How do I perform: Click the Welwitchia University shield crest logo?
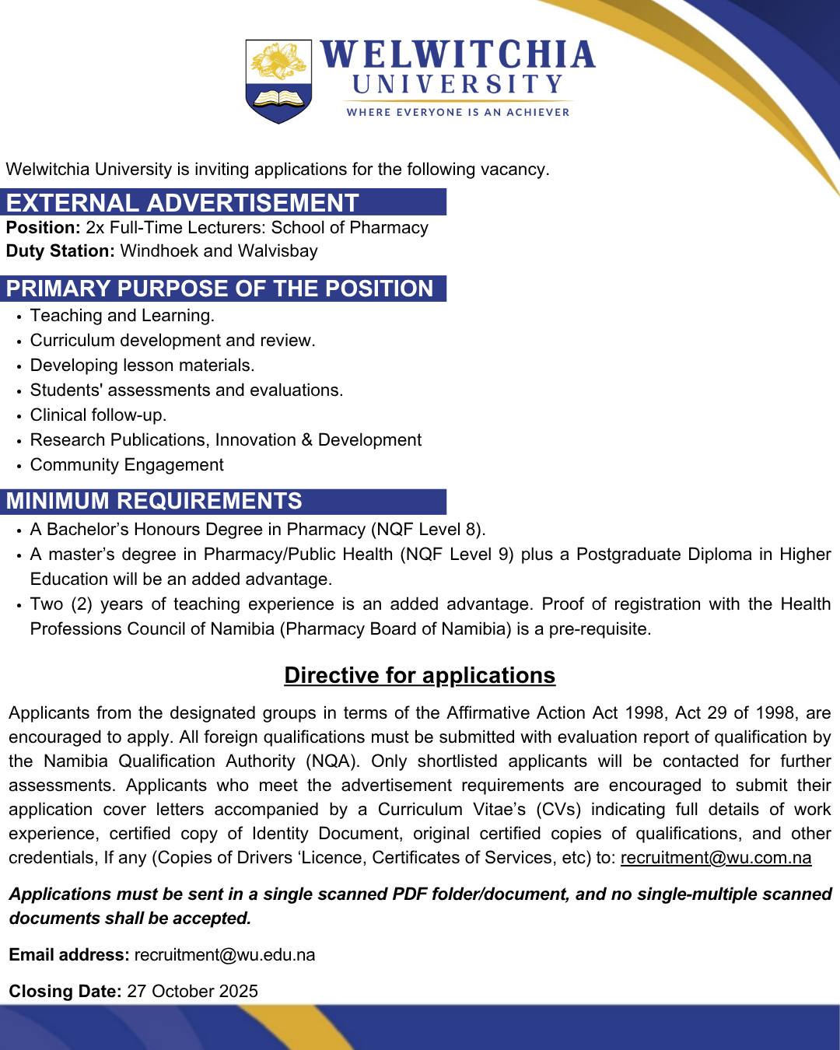click(278, 82)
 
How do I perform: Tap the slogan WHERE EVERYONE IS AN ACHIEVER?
click(457, 112)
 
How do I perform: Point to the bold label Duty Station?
click(60, 251)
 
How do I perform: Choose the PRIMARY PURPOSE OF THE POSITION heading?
click(220, 289)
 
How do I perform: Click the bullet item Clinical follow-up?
click(98, 415)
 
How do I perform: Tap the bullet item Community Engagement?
click(127, 465)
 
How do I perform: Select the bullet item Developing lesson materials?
click(142, 366)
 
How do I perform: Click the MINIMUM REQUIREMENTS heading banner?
click(154, 501)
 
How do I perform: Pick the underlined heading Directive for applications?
click(420, 675)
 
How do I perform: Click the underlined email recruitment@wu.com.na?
click(716, 858)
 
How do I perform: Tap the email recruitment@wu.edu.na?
click(225, 955)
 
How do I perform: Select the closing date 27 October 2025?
click(192, 992)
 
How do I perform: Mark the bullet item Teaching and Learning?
click(122, 316)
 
